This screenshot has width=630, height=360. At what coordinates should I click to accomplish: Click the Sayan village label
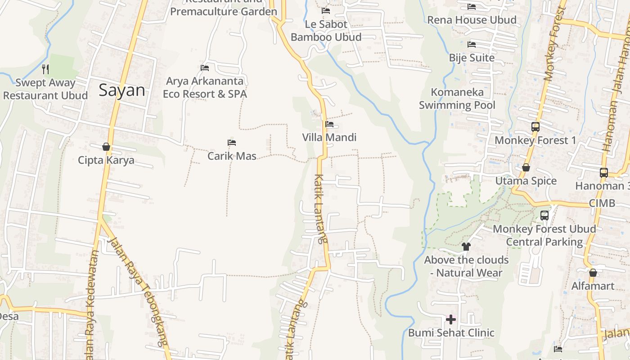(122, 90)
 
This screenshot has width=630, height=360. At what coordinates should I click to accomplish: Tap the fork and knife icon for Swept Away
(45, 69)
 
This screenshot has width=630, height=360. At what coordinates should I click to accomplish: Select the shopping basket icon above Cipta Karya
(106, 147)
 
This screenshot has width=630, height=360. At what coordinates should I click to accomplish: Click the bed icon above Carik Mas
(232, 143)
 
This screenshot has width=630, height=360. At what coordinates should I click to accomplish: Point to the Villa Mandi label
(329, 137)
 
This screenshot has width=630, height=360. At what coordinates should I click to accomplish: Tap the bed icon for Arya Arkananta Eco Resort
(205, 68)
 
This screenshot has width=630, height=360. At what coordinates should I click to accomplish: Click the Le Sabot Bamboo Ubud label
(326, 31)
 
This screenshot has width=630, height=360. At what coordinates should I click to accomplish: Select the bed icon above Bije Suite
(472, 45)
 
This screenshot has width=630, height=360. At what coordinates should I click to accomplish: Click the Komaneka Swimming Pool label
(457, 99)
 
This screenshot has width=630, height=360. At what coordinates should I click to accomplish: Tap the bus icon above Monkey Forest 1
(535, 127)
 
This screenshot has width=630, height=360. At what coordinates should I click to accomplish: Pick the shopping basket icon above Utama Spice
(526, 168)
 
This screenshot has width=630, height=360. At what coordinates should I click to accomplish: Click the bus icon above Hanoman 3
(604, 172)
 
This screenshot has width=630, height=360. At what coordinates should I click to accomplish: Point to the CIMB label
(602, 203)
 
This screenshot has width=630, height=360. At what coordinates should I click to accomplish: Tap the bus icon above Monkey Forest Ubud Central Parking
(544, 216)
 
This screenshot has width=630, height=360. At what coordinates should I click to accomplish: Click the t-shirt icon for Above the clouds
(466, 247)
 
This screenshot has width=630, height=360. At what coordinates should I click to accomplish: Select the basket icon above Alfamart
(593, 273)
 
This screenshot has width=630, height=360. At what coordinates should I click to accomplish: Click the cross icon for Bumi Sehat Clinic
(451, 319)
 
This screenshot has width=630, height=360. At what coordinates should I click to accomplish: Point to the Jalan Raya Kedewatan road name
(91, 306)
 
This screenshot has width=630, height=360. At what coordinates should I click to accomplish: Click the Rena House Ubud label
(472, 20)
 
